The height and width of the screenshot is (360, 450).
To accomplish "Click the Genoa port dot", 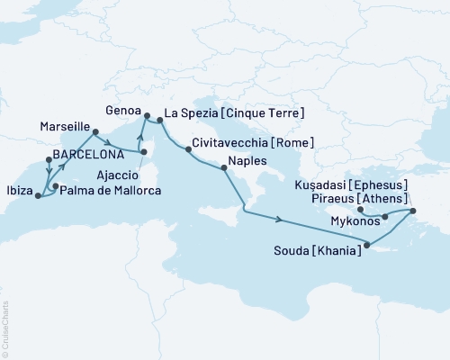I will coord(146,114).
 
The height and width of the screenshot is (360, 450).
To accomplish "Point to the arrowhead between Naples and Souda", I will coord(282,220).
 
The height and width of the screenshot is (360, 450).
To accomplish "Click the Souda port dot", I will coord(366,242).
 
